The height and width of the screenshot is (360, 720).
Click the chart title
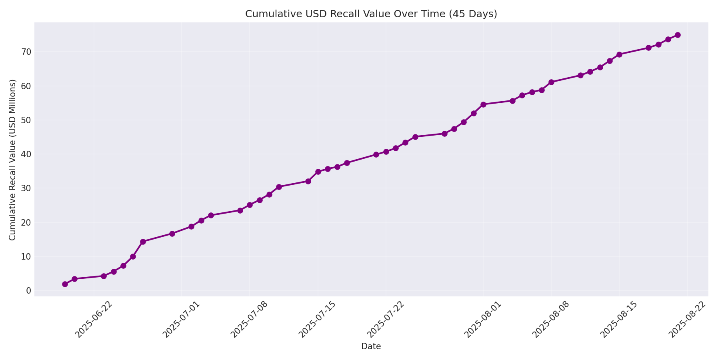(371, 14)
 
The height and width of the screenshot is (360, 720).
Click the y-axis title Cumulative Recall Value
(12, 160)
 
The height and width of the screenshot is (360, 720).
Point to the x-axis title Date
(371, 346)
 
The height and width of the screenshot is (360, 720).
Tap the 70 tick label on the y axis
(26, 52)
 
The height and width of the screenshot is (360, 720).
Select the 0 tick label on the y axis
(28, 290)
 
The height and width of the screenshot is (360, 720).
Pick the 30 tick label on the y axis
(26, 188)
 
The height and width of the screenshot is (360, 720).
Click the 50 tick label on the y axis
(26, 120)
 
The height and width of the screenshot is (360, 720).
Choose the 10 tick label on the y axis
(26, 256)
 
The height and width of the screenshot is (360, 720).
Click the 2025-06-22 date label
(93, 320)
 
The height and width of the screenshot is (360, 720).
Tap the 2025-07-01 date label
(180, 320)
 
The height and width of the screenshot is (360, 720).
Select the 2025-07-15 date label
(316, 320)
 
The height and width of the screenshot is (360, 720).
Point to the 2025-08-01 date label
(482, 320)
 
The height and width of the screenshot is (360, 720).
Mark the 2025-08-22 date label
(686, 320)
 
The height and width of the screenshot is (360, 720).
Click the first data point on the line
(65, 284)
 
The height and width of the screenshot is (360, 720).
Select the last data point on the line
(678, 35)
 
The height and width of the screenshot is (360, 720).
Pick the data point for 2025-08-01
(483, 104)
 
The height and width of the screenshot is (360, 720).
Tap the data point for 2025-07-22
(386, 152)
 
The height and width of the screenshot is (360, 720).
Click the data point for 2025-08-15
(619, 54)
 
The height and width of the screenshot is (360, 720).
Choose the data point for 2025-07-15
(318, 172)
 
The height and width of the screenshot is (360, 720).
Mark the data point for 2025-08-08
(551, 82)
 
